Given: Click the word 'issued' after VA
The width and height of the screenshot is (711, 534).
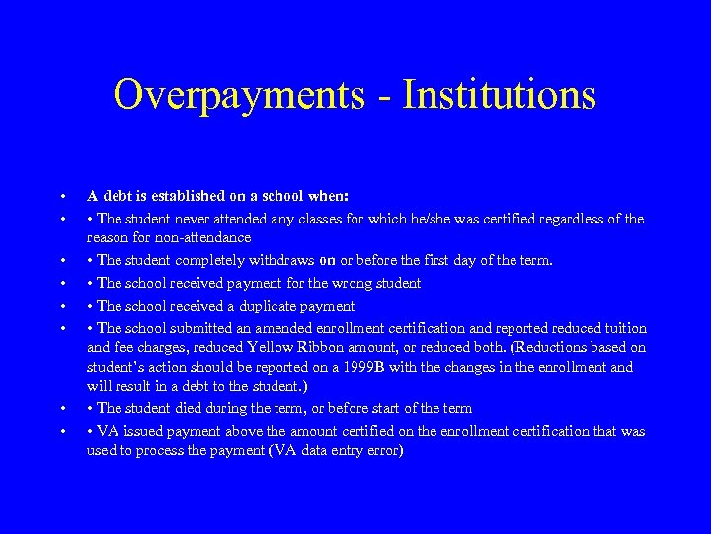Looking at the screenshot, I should (x=141, y=431).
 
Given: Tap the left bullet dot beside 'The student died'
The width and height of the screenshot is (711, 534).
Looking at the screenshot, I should (x=62, y=408).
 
